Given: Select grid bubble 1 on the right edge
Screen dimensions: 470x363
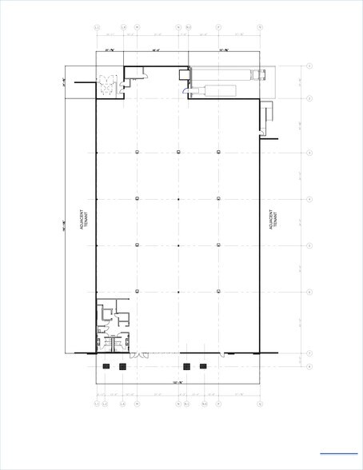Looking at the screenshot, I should click(x=309, y=66).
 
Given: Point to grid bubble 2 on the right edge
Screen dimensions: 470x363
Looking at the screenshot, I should click(x=309, y=99).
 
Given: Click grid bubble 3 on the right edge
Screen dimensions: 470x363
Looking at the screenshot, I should click(x=309, y=152).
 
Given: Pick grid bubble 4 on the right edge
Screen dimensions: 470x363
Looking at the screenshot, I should click(x=309, y=199).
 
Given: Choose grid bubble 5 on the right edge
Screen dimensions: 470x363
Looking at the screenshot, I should click(x=309, y=245).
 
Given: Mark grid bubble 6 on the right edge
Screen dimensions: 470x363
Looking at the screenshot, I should click(x=309, y=292).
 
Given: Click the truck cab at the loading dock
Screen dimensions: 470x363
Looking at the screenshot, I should click(x=257, y=75).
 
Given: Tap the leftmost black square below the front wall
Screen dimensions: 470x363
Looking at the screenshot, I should click(x=105, y=366).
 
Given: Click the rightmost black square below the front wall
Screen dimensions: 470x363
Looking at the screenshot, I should click(x=203, y=366).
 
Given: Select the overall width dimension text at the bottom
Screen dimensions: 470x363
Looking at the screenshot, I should click(x=178, y=384).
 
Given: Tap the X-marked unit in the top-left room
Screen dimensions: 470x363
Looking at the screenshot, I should click(x=102, y=78).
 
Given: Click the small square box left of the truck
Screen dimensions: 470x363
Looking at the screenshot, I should click(x=184, y=76).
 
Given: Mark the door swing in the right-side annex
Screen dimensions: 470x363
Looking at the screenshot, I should click(x=262, y=121).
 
